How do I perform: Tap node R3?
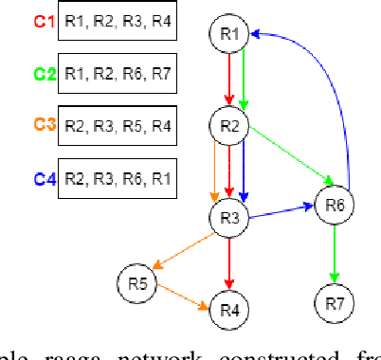tap(229, 216)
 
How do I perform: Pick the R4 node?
tap(229, 310)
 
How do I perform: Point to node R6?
tap(333, 205)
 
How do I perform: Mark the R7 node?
tap(333, 303)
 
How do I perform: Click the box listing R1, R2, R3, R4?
tap(118, 22)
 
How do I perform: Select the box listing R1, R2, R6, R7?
tap(118, 73)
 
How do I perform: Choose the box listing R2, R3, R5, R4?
tap(118, 125)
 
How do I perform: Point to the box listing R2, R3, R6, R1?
tap(118, 178)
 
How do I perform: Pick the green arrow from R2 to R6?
tap(284, 158)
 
